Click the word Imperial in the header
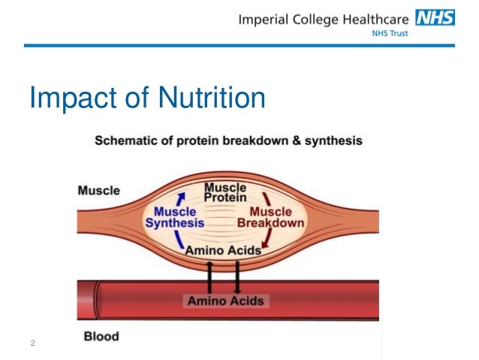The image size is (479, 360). [267, 19]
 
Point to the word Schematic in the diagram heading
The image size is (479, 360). [125, 141]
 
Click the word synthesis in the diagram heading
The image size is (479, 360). [336, 141]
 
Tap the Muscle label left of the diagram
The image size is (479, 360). [98, 190]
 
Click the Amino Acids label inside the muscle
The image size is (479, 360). [223, 250]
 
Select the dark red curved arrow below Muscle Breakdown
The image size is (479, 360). [266, 238]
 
